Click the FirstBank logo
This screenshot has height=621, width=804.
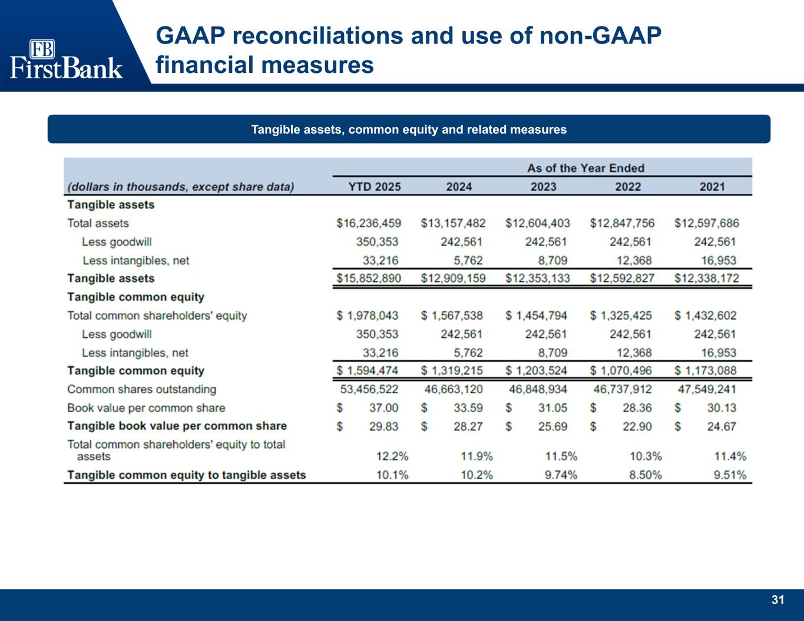[x=66, y=59]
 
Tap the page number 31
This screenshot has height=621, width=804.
[x=778, y=600]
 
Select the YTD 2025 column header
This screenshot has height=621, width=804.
[x=375, y=187]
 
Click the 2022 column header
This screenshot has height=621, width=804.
[x=628, y=187]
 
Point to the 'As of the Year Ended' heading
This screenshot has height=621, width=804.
[x=585, y=168]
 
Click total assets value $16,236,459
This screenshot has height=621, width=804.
[x=369, y=223]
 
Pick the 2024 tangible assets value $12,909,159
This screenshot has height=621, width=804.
[x=453, y=278]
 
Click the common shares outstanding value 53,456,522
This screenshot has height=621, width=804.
[x=369, y=389]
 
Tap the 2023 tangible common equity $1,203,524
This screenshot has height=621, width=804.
[x=537, y=371]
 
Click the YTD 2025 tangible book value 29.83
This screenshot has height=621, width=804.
[x=383, y=426]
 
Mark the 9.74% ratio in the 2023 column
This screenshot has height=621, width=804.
[x=561, y=475]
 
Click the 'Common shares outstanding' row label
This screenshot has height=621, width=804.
[x=141, y=389]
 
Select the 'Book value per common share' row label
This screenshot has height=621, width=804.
[x=146, y=408]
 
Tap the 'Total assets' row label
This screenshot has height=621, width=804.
[x=98, y=223]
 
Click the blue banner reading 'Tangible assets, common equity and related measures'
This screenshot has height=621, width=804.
[x=409, y=129]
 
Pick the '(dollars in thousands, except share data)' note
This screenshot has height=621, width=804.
[x=180, y=187]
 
